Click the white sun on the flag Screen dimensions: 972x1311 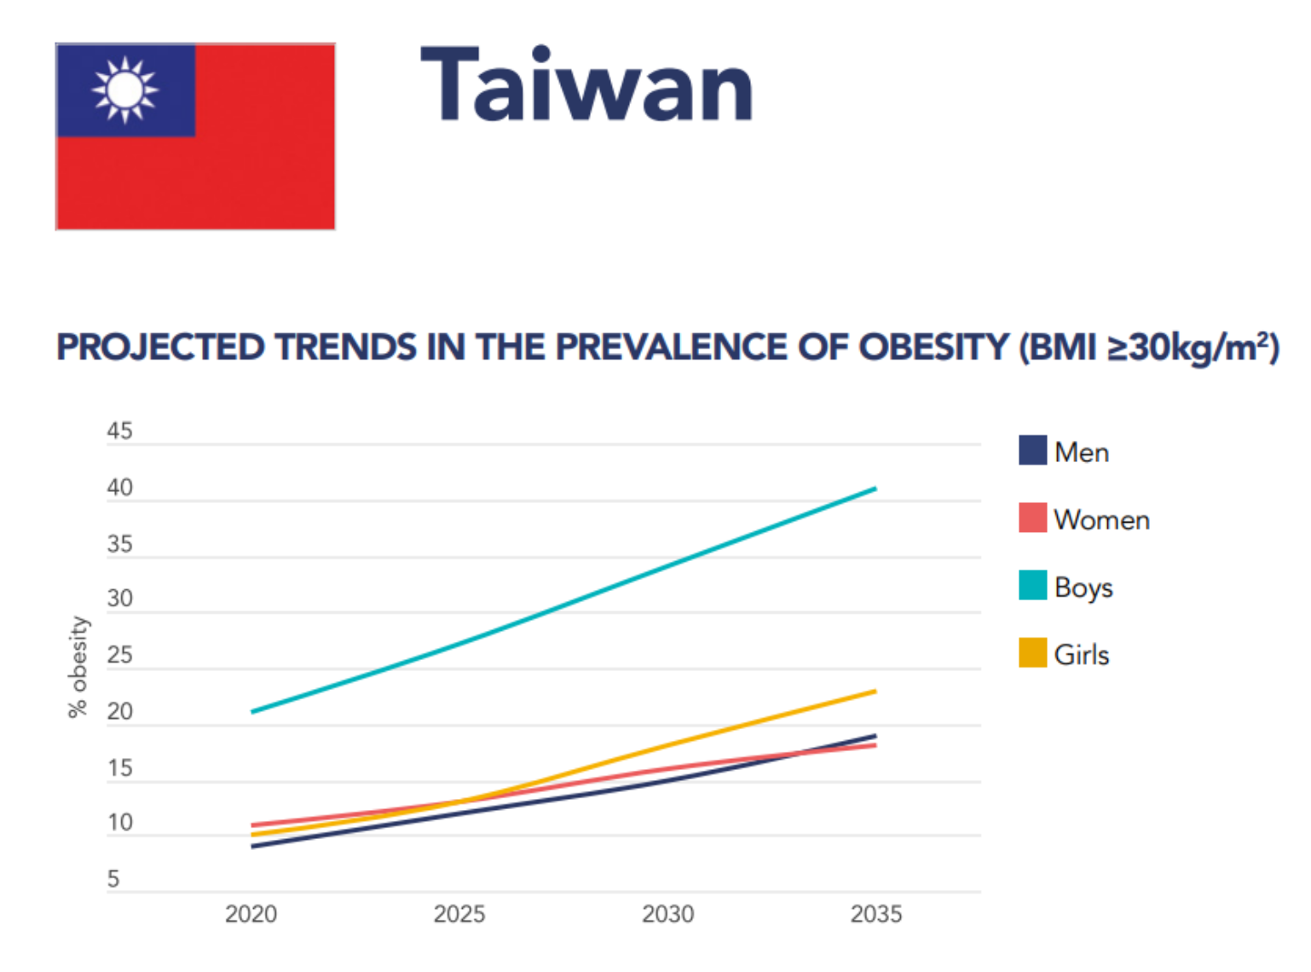coord(125,90)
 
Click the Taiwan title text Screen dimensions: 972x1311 coord(586,85)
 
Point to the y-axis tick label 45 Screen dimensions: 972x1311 coord(119,431)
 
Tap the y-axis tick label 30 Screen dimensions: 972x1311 coord(119,599)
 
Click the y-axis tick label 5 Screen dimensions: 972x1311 coord(113,879)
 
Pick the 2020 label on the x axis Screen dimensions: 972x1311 coord(251,914)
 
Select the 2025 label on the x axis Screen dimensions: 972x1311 coord(459,914)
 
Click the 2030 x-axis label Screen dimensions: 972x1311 coord(667,914)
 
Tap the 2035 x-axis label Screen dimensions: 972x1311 coord(875,914)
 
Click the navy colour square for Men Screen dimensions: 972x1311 coord(1032,450)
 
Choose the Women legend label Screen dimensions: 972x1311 coord(1101,520)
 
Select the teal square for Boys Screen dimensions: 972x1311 coord(1032,586)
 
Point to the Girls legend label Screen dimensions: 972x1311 coord(1081,655)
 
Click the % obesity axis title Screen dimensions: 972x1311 coord(78,667)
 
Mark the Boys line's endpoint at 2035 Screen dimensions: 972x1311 coord(875,489)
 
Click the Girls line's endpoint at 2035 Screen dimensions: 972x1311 coord(875,691)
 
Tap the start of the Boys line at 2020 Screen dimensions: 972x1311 coord(252,711)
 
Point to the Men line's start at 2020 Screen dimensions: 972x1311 coord(252,847)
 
